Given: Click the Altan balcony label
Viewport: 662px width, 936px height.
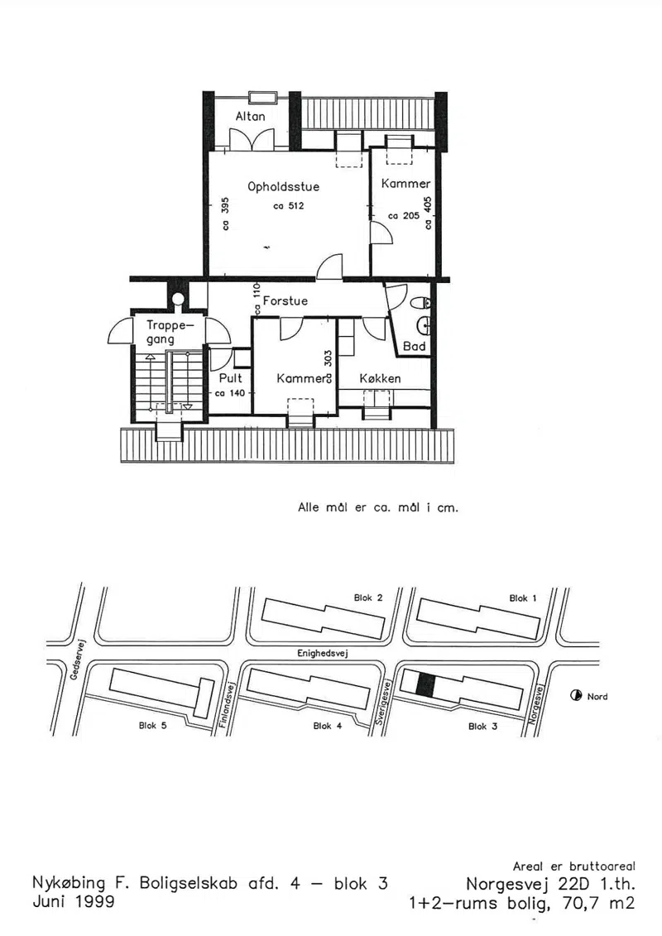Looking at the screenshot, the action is pos(250,116).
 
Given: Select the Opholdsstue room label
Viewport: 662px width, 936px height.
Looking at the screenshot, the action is pos(284,187).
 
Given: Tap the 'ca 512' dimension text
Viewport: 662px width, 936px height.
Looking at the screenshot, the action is pos(289,206).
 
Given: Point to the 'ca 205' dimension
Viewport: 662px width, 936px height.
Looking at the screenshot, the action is pos(404,215).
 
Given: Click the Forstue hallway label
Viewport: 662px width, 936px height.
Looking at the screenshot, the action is pos(285,301).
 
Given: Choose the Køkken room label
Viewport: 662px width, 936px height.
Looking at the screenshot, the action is pos(381,378).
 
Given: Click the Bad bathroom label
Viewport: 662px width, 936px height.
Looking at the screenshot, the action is pos(415,346).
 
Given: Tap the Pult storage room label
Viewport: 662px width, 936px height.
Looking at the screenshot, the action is pos(230,378).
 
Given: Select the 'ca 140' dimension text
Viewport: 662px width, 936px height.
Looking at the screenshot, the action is pos(230,393).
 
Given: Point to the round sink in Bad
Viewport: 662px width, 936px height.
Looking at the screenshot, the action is pos(425,326).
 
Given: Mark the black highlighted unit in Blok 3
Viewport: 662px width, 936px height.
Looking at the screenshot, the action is pos(425,684).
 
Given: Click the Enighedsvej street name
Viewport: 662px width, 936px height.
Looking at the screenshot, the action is pos(323,653).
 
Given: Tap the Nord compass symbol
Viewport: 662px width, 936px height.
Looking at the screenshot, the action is pos(576,695).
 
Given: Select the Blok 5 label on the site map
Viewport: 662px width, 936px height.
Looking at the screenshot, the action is pos(153,725).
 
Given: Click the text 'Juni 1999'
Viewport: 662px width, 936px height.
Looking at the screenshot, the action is pos(74,901).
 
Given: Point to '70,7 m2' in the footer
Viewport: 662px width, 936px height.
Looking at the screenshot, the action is pos(599,904).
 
